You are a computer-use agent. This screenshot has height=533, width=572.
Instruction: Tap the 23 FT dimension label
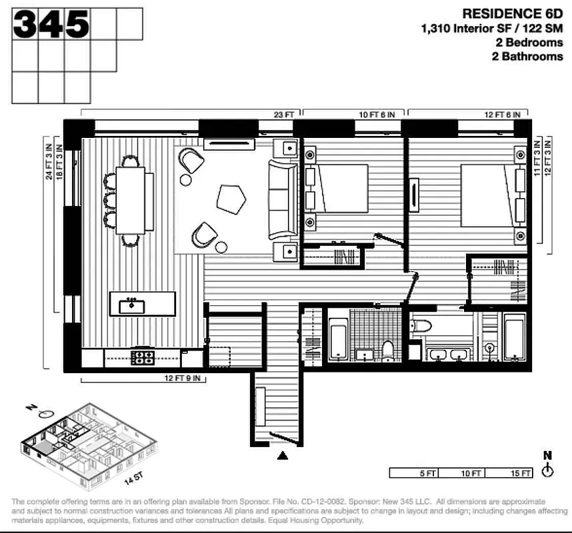pos(284,115)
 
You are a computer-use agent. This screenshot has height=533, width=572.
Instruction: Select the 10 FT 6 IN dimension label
pos(377,115)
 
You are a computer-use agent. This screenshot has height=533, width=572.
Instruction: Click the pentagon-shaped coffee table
pos(231,199)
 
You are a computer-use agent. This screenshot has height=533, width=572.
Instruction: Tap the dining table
pos(129,199)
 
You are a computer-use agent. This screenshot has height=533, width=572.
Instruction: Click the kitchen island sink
pos(132,306)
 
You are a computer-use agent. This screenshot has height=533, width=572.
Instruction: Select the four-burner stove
pos(142,358)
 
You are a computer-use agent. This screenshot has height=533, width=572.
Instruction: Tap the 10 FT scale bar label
pos(471,473)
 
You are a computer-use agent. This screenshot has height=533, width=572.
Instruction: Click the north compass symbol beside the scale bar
pos(547,468)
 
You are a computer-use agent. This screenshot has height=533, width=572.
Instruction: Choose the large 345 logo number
pos(51,25)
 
